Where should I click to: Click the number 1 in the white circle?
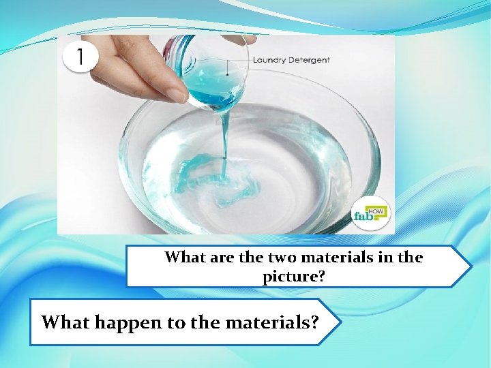(x=80, y=57)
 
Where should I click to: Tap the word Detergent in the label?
(x=310, y=60)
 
